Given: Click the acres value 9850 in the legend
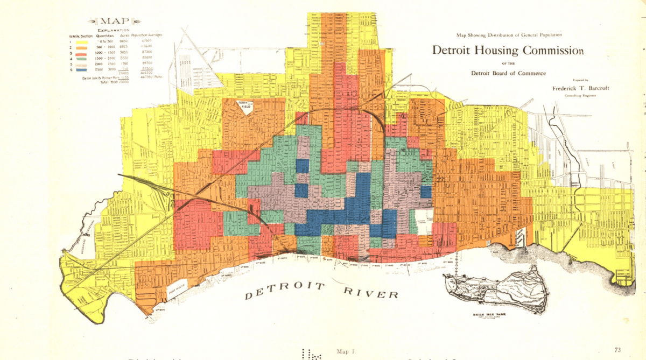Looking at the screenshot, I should [124, 41].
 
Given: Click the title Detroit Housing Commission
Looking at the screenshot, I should [507, 51].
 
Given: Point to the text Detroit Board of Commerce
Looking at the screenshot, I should [508, 73].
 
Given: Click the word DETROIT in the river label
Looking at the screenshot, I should [284, 291].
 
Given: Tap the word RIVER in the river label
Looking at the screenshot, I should [371, 292].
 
